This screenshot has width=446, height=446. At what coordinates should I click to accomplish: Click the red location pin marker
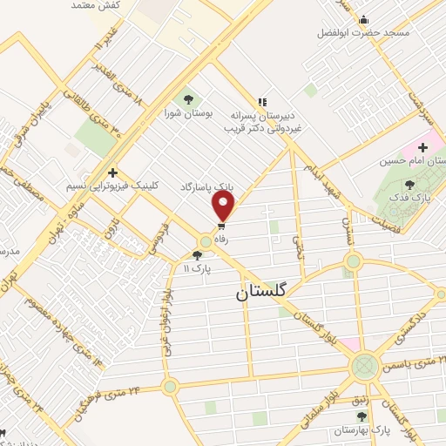click(x=224, y=206)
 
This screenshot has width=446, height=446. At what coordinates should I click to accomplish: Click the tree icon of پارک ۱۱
click(x=197, y=255)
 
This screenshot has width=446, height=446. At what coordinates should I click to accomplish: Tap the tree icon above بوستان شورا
click(x=187, y=98)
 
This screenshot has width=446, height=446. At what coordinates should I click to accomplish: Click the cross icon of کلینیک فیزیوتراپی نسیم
click(x=111, y=172)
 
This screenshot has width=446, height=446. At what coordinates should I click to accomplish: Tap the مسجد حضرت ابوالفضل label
click(x=362, y=33)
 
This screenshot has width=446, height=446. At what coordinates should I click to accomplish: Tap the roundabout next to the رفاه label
click(x=206, y=241)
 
